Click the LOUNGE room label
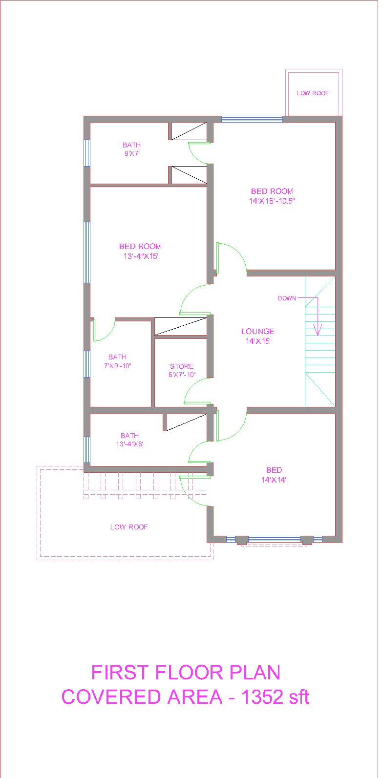(257, 331)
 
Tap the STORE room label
(182, 366)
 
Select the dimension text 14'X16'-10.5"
(272, 201)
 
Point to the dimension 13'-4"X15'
(141, 256)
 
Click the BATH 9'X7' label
(132, 149)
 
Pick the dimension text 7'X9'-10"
(117, 365)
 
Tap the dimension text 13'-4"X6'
(129, 443)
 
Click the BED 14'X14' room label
(274, 475)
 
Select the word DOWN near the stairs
(287, 298)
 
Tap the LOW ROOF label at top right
(313, 93)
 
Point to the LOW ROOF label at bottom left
(129, 527)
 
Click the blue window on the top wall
(252, 119)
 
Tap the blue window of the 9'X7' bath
(87, 153)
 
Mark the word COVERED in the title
(111, 697)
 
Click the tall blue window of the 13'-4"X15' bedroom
(87, 252)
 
